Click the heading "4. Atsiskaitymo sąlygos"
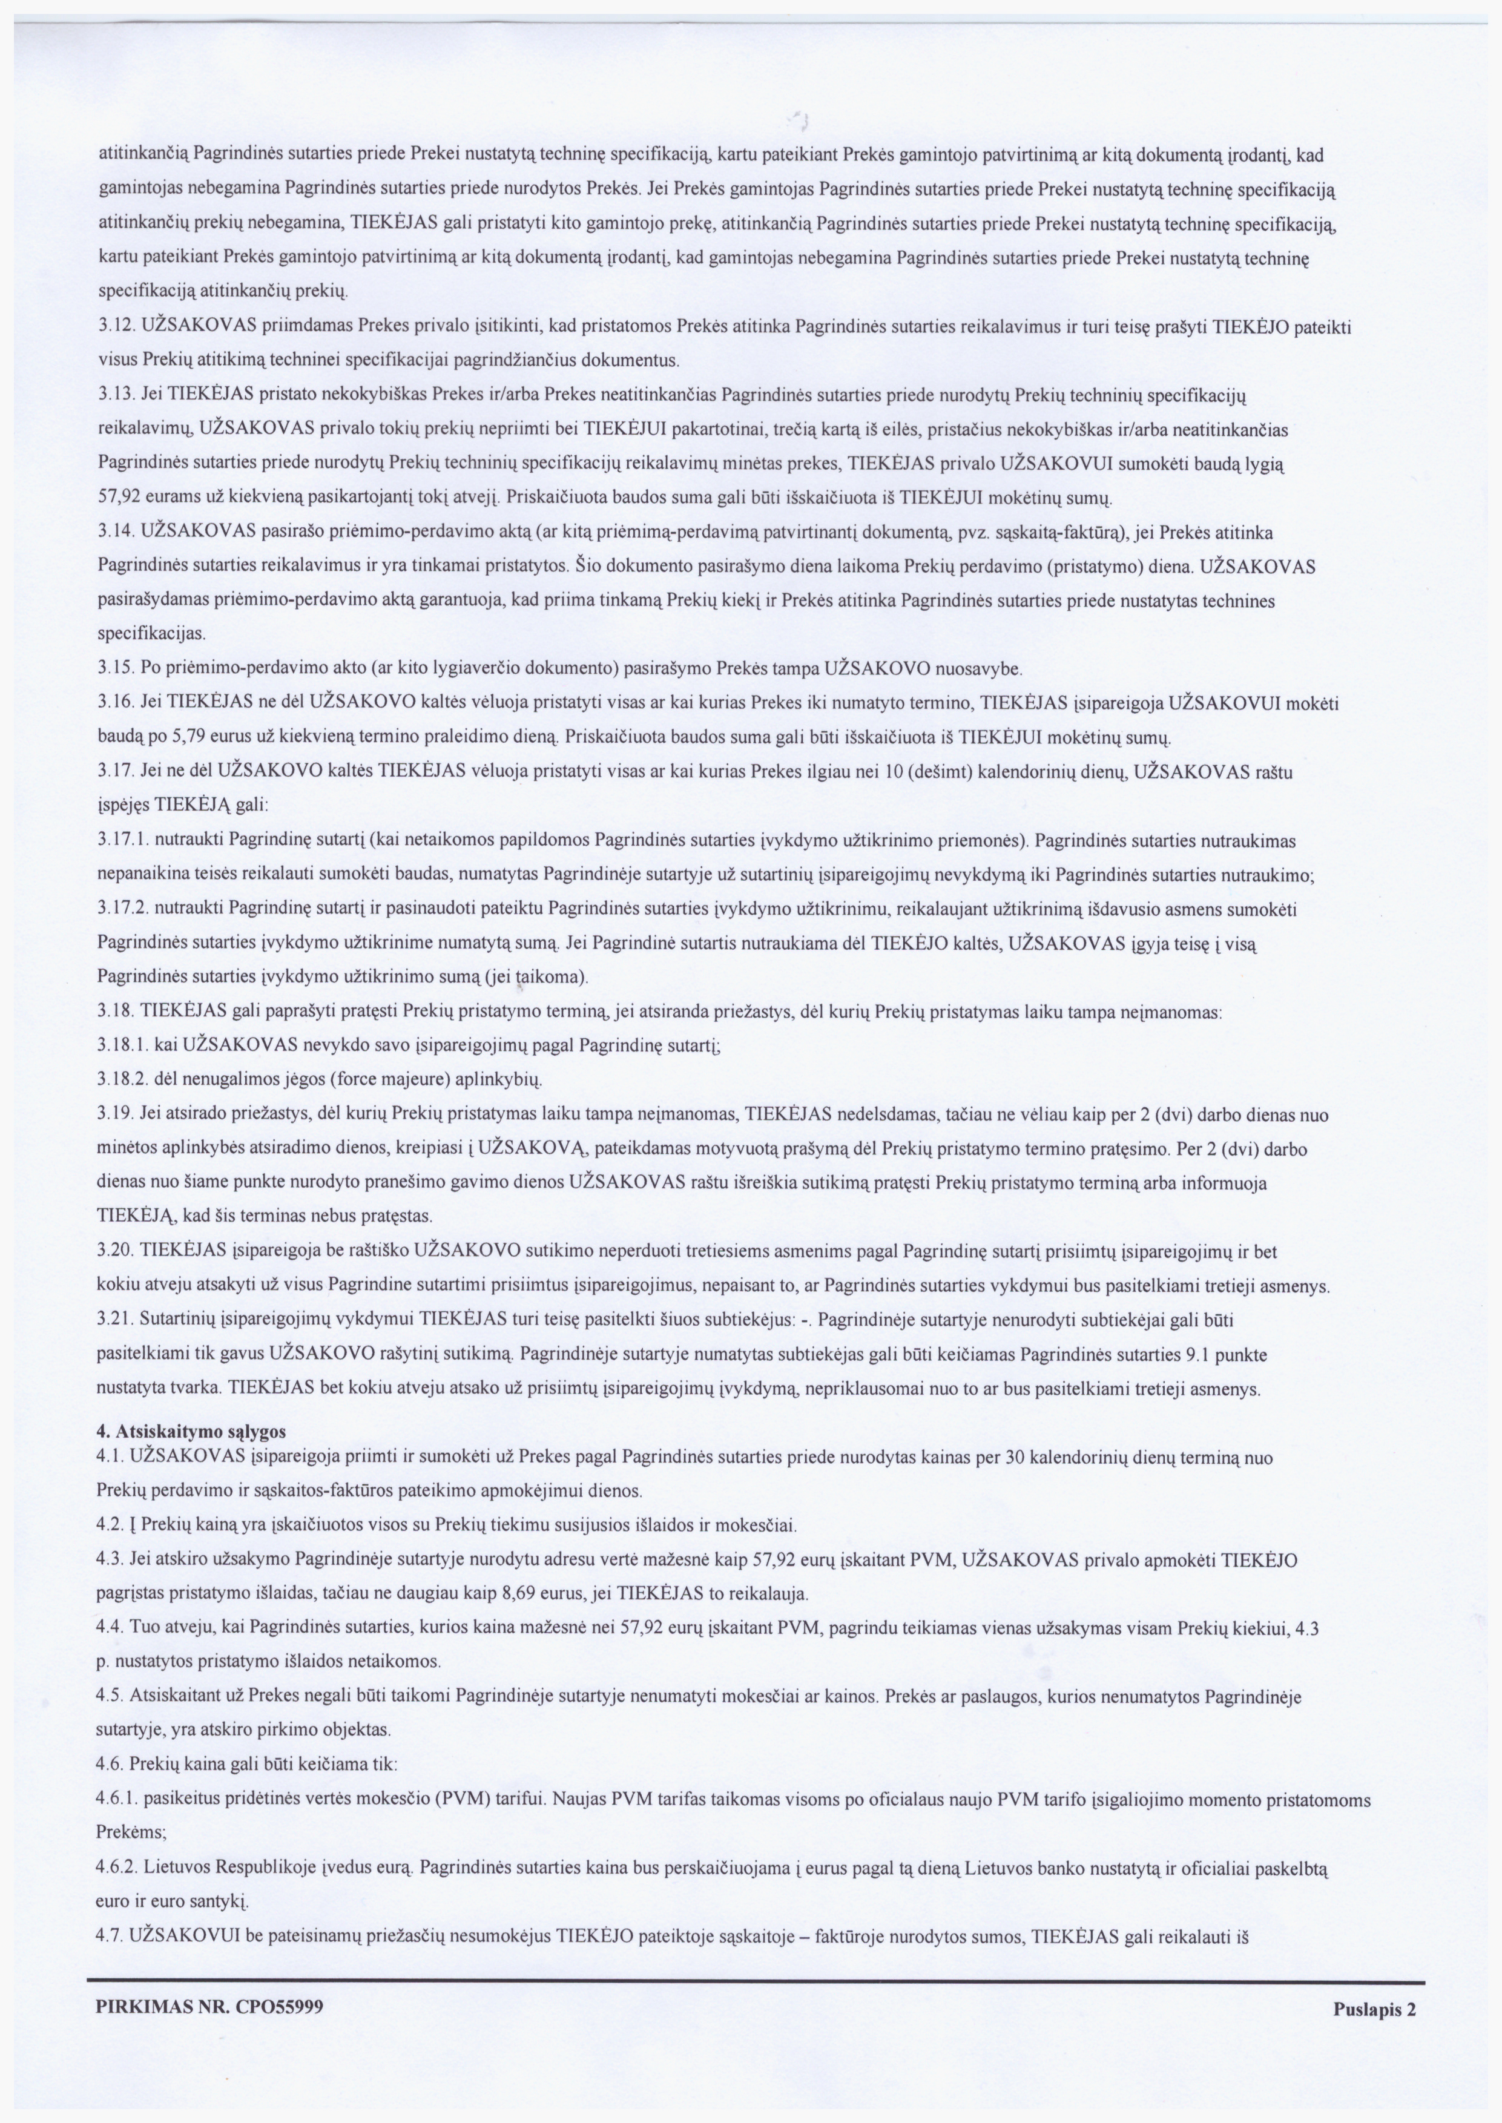coord(191,1430)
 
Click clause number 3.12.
coord(116,326)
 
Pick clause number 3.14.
coord(116,533)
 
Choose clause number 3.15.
coord(116,668)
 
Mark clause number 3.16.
coord(116,703)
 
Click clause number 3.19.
coord(116,1115)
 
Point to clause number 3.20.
coord(116,1252)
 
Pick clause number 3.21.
coord(116,1320)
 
